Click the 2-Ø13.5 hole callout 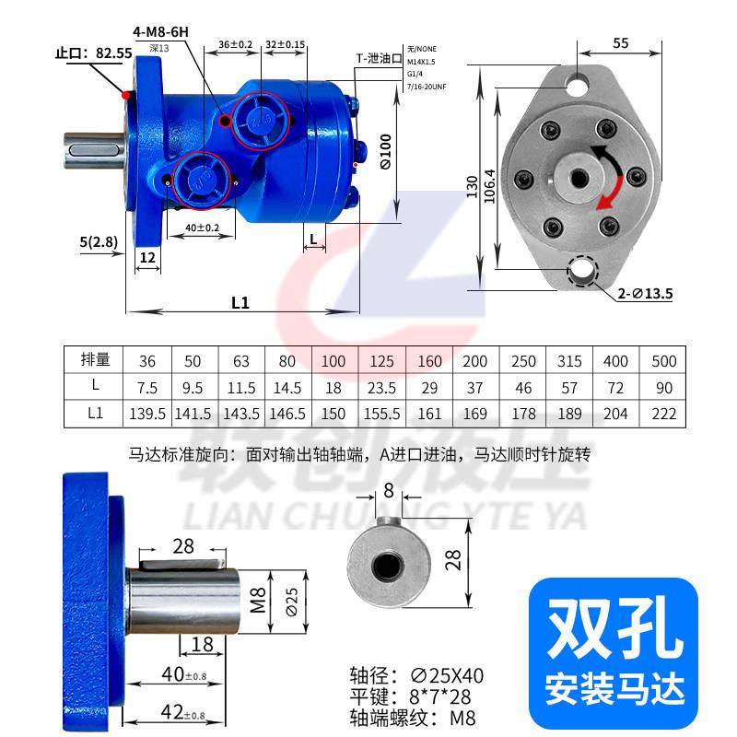coord(645,295)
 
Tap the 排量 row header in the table coord(95,360)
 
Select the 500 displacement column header coord(663,360)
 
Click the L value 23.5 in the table coord(381,387)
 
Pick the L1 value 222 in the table coord(663,414)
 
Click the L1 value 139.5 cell coord(147,414)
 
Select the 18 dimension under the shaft coord(204,643)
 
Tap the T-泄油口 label coord(380,58)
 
